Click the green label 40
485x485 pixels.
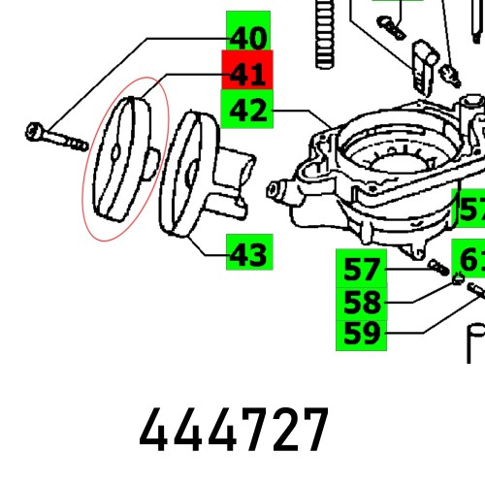(248, 38)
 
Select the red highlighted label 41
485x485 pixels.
(248, 75)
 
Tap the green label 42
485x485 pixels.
(248, 111)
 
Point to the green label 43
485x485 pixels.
(249, 254)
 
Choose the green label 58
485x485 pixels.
(361, 301)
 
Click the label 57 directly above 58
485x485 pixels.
(361, 268)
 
